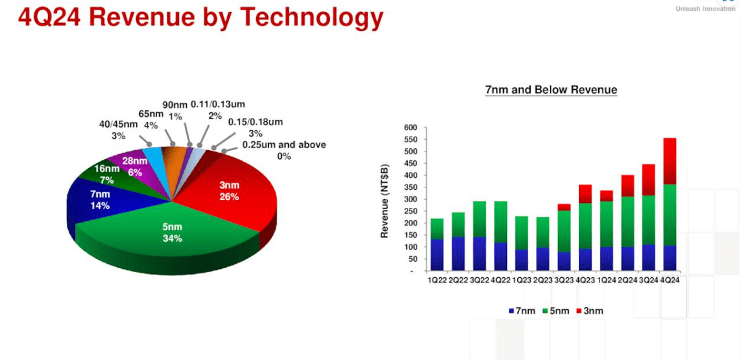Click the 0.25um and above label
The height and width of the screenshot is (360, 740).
283,150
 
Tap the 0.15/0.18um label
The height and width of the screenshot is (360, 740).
255,127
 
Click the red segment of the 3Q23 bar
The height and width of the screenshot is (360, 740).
564,207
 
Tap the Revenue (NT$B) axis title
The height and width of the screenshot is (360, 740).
385,199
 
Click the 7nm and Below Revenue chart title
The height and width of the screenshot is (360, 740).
551,90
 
